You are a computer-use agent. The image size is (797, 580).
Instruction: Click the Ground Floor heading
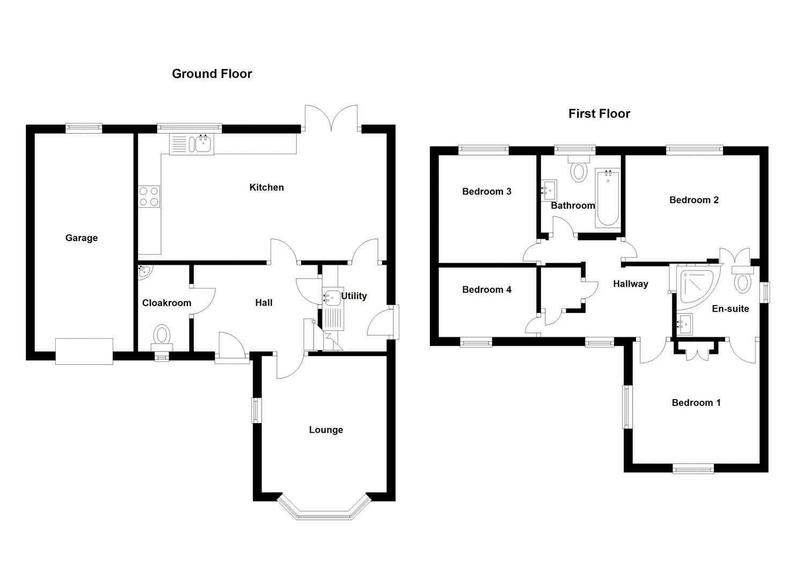point(211,74)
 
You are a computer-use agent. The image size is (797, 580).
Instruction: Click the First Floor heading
point(599,113)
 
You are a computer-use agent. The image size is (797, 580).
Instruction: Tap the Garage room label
point(82,238)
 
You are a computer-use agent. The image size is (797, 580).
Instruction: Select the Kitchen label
point(266,187)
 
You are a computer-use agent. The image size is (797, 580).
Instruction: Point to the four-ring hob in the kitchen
point(149,196)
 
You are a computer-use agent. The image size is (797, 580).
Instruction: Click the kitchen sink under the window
point(203,144)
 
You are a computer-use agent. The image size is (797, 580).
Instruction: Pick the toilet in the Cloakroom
point(162,335)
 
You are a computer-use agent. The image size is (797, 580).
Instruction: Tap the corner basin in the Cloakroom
point(144,272)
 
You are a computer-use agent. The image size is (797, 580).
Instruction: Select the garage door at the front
point(84,351)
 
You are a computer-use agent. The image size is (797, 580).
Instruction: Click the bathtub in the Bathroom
point(608,198)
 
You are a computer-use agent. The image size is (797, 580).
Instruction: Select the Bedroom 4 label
point(486,290)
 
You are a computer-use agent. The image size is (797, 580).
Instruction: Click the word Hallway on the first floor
point(631,284)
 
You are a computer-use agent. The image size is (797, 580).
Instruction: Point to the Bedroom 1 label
point(696,403)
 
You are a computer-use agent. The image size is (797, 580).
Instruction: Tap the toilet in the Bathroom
point(579,169)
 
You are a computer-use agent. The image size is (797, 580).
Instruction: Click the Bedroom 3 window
point(483,150)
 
